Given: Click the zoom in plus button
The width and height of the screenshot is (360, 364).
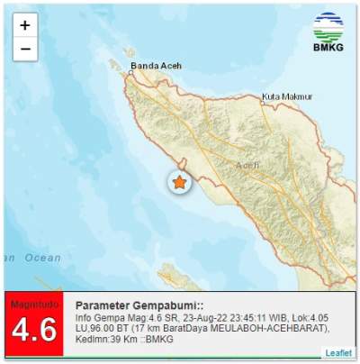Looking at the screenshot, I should (25, 25).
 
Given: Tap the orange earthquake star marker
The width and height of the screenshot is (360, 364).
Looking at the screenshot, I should (179, 183).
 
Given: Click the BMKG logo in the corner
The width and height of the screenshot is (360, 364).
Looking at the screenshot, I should (328, 32).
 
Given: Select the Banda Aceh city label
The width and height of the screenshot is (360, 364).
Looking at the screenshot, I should (158, 66).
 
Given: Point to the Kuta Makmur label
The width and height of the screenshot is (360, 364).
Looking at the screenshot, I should (287, 96).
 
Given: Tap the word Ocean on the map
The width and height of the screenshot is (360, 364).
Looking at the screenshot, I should (42, 258).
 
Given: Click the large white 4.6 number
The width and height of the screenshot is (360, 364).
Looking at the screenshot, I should (34, 332).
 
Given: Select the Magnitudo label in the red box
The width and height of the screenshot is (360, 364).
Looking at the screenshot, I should (33, 305).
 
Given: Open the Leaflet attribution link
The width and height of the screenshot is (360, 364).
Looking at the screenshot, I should (338, 352).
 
